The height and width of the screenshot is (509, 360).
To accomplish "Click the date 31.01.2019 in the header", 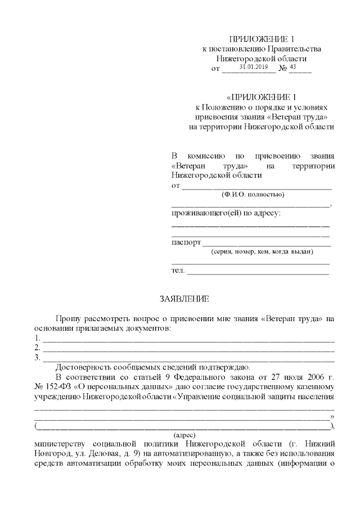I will (x=253, y=67).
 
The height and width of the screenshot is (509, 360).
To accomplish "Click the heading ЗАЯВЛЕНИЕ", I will (x=184, y=298).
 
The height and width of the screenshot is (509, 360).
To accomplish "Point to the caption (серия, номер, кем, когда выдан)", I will (x=262, y=251).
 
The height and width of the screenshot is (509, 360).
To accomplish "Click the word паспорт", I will (x=186, y=243).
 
